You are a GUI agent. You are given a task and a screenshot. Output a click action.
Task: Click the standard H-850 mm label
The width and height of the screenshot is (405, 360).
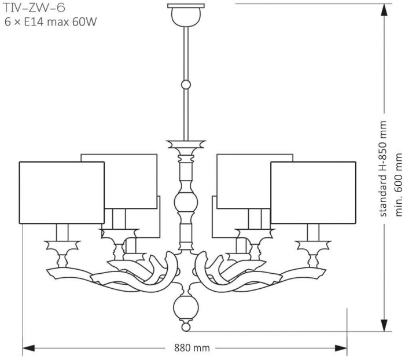382,169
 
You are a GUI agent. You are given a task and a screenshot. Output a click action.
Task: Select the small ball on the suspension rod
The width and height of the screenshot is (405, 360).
186,85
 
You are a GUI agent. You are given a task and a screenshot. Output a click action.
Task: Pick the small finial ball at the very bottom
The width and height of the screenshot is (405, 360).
186,327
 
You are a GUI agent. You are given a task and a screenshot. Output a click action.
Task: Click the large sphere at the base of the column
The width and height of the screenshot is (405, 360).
186,306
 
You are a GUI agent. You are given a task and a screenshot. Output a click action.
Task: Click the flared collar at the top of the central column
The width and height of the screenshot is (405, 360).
186,144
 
